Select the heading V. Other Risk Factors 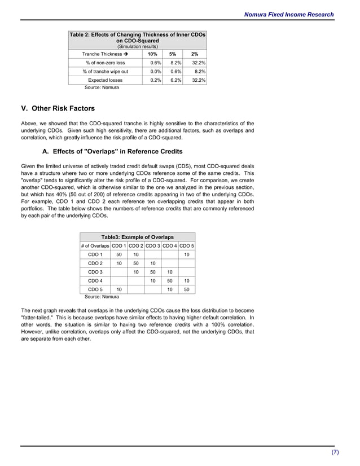(58, 108)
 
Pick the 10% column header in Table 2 (152, 54)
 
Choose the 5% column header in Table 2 (173, 54)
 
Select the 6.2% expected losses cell (174, 81)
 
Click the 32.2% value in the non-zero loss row (197, 63)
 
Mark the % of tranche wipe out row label (105, 72)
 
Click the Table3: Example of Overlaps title (137, 237)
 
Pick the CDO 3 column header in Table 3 (153, 246)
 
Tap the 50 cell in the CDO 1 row (119, 255)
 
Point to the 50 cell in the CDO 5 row (186, 289)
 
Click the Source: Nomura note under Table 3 (102, 296)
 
